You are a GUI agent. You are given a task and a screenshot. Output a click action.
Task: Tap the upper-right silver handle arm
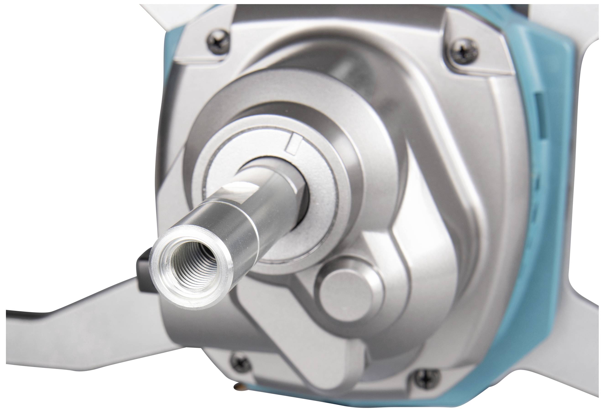(x=568, y=23)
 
